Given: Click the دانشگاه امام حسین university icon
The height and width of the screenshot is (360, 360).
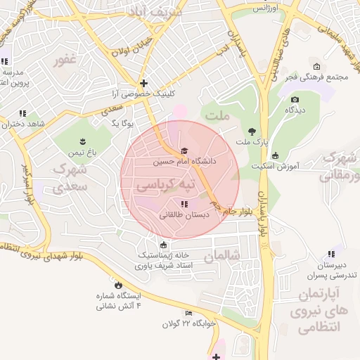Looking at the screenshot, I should (x=184, y=151).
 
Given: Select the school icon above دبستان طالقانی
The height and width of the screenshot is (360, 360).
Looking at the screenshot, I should (x=184, y=204).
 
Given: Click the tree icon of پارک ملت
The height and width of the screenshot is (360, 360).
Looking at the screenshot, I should (x=252, y=131).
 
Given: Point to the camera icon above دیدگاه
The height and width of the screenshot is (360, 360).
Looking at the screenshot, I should (x=295, y=100).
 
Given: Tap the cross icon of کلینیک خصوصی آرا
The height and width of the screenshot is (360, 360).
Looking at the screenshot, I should (x=143, y=83).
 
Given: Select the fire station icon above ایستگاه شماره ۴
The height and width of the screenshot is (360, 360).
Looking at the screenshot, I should (x=118, y=285).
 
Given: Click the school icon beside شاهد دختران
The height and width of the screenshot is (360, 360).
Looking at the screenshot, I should (x=22, y=113).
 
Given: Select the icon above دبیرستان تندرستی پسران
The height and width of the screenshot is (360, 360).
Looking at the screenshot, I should (x=330, y=255).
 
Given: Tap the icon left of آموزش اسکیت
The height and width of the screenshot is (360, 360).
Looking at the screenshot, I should (x=274, y=155).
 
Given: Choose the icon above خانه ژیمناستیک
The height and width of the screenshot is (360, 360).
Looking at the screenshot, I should (x=164, y=245).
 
